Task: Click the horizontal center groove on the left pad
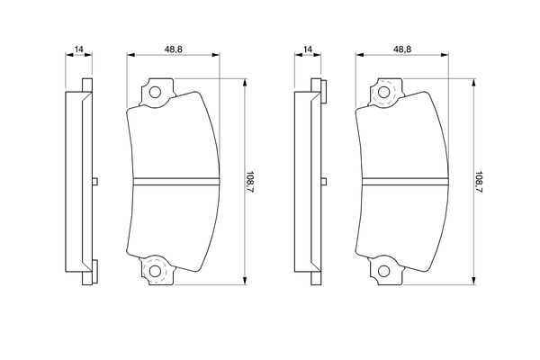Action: pyautogui.click(x=175, y=181)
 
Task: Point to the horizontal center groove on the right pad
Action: pyautogui.click(x=403, y=181)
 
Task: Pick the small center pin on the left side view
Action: pyautogui.click(x=94, y=181)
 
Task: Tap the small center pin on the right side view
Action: pyautogui.click(x=323, y=181)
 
